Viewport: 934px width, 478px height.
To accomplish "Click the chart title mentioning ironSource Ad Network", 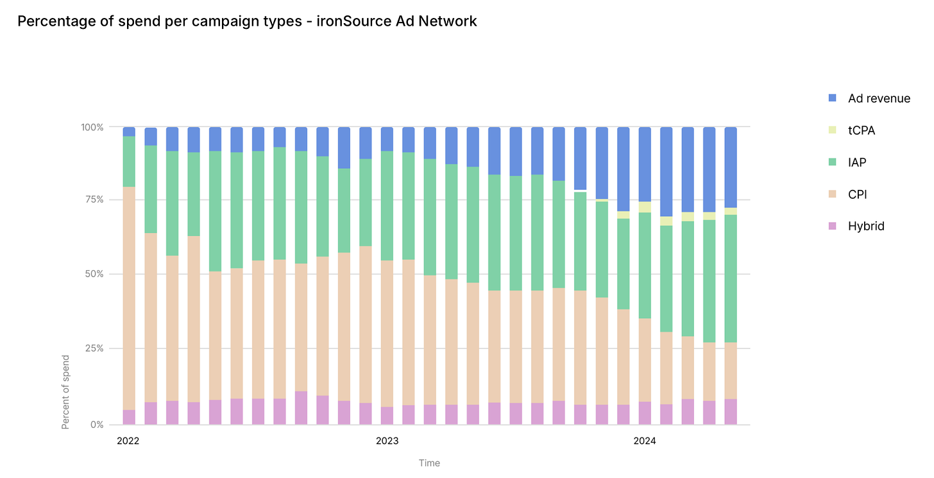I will tap(247, 21).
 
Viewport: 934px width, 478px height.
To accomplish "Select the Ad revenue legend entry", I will tap(878, 98).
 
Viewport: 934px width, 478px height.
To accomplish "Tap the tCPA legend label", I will tap(861, 130).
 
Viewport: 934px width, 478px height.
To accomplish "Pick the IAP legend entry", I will tap(856, 162).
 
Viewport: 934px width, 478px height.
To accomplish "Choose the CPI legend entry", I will tap(857, 194).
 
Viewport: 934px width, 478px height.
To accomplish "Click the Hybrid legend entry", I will tap(865, 226).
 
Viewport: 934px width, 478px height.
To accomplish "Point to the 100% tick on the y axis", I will tap(92, 127).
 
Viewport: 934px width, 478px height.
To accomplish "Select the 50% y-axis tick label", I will tap(94, 274).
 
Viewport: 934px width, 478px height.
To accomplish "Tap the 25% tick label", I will tap(94, 348).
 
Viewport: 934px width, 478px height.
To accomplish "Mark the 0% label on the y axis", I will tap(96, 424).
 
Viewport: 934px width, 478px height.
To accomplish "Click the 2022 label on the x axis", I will tap(128, 441).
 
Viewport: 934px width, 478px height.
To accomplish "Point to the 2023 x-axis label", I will tap(387, 441).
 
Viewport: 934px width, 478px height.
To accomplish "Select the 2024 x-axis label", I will tap(645, 441).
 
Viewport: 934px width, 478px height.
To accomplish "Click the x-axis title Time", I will tap(429, 463).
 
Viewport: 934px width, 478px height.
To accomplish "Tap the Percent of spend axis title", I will tap(65, 391).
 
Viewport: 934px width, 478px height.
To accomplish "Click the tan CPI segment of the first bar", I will tap(129, 298).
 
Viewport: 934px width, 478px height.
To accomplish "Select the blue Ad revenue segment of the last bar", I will tap(731, 167).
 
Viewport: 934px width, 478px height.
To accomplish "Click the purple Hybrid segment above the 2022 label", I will tap(129, 417).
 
